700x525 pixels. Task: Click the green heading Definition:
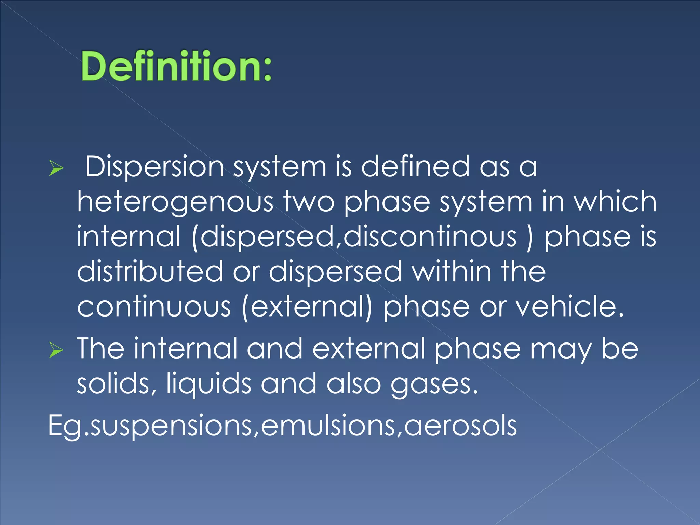tap(176, 66)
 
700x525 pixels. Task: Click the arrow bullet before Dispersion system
tap(56, 168)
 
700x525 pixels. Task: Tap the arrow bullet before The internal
tap(56, 350)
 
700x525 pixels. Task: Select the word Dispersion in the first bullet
tap(154, 166)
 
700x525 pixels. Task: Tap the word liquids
tap(208, 384)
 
